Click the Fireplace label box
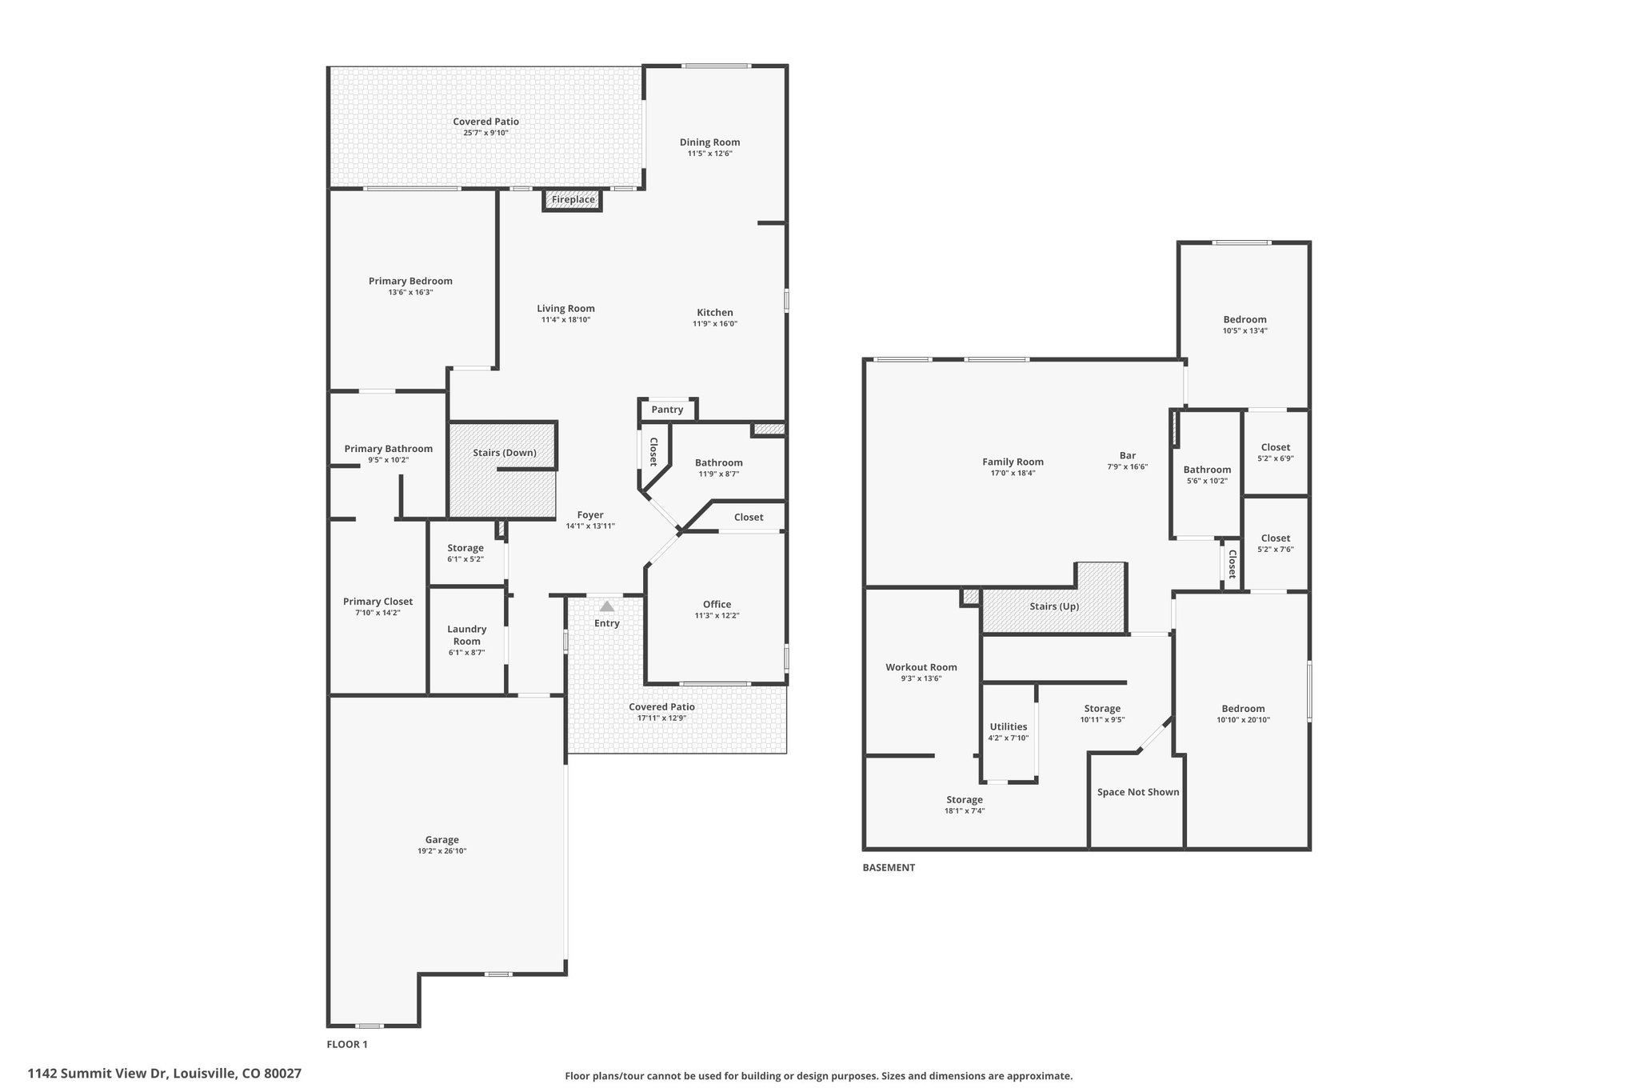point(573,199)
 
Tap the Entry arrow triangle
point(607,606)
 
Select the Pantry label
point(667,410)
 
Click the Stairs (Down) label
point(505,453)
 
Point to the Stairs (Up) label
point(1054,606)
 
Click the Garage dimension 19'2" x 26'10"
point(441,851)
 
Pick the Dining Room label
point(710,142)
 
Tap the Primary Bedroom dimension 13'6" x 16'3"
point(410,293)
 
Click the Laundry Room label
point(467,635)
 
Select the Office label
point(717,604)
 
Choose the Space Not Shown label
point(1138,792)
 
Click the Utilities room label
point(1009,726)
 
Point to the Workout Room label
point(921,667)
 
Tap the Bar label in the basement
point(1128,455)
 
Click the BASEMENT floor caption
point(889,867)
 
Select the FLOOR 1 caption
point(347,1044)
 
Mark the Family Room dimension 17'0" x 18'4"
point(1013,473)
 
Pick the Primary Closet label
point(378,602)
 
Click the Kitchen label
point(715,313)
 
